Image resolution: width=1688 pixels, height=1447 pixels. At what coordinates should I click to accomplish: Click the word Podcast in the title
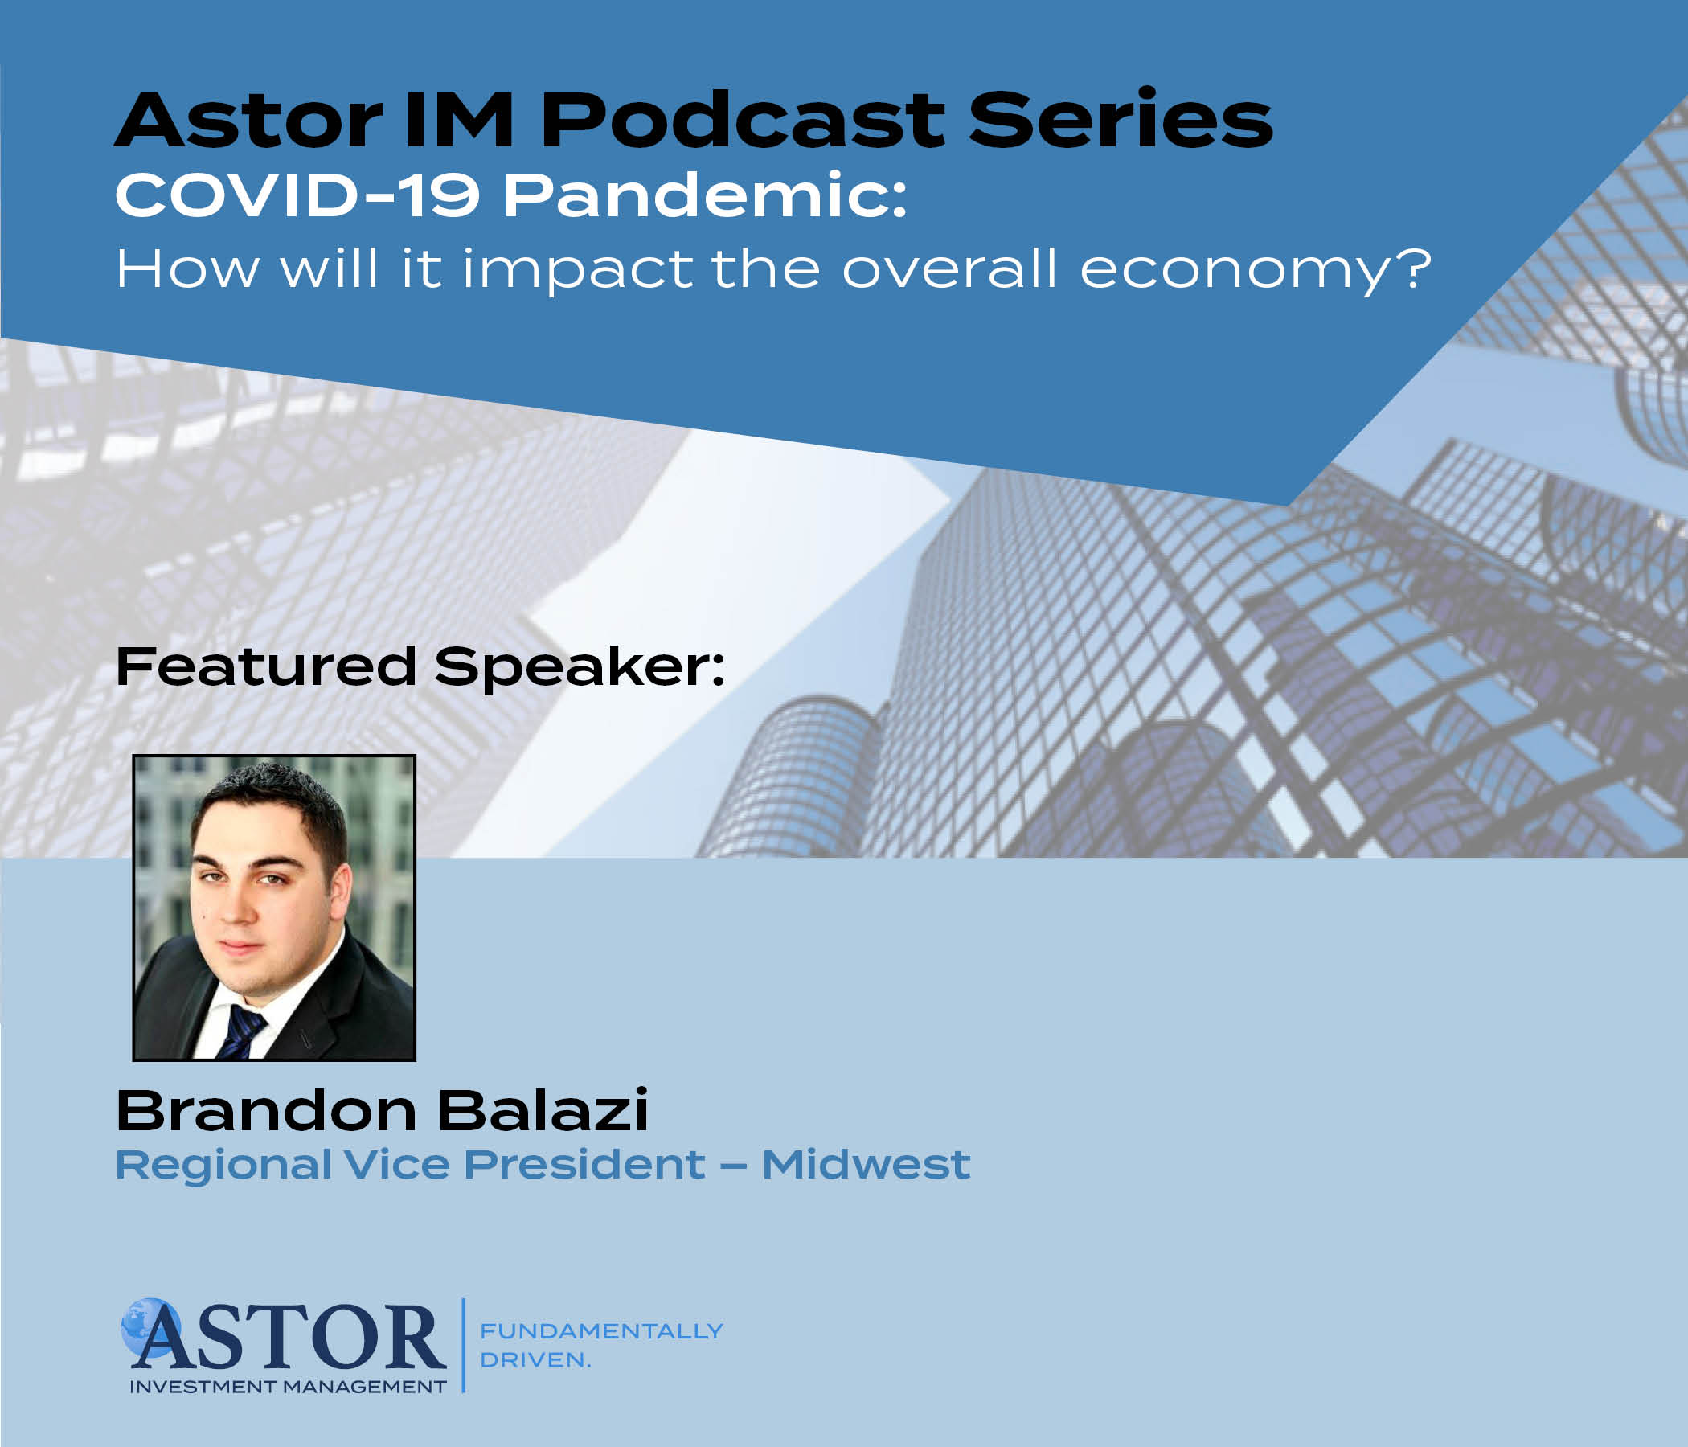(742, 120)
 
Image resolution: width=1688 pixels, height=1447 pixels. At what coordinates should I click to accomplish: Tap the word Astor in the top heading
(249, 120)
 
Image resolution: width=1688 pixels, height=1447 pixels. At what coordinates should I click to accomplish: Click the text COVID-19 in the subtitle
(297, 195)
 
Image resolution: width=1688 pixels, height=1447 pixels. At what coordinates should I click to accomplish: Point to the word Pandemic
(706, 195)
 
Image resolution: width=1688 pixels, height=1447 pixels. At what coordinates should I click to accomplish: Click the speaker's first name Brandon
(266, 1110)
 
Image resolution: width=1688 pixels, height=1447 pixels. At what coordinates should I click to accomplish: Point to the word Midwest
(866, 1164)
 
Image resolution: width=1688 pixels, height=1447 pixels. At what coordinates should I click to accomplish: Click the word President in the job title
(584, 1164)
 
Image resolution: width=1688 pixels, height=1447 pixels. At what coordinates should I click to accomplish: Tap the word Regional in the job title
(224, 1166)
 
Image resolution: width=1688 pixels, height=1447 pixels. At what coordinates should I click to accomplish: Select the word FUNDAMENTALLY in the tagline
(601, 1330)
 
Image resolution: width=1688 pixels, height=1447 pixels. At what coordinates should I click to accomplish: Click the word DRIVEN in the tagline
(535, 1360)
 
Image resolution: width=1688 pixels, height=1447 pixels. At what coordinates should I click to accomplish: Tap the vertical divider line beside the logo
(464, 1345)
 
